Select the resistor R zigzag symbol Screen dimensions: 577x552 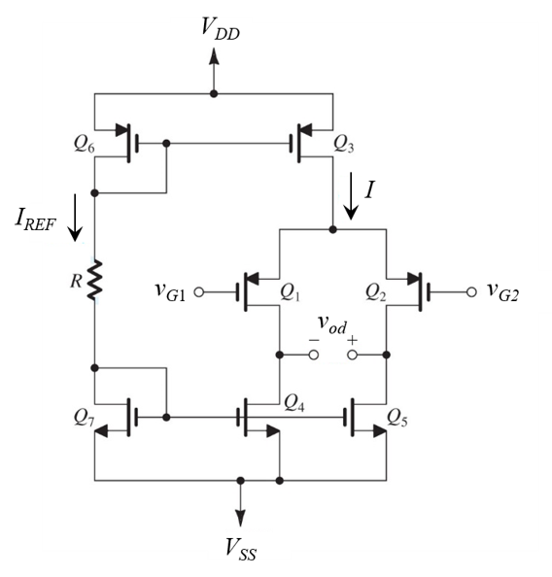point(95,281)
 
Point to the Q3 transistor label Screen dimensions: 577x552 point(344,143)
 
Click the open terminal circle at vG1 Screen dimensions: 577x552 point(200,290)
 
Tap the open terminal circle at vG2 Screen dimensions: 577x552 point(471,290)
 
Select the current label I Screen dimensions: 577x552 point(369,190)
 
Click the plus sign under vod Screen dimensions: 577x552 point(351,341)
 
